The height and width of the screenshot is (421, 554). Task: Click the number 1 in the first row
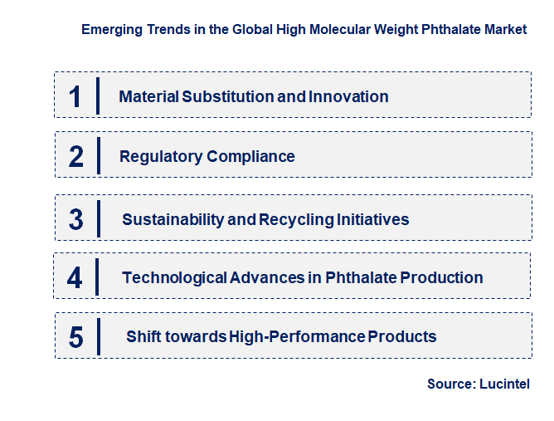coord(75,95)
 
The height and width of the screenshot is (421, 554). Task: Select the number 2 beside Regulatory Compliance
coord(76,156)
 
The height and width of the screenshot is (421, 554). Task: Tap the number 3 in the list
coord(76,219)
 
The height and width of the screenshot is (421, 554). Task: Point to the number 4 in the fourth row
coord(75,277)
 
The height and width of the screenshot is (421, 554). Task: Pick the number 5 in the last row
coord(76,337)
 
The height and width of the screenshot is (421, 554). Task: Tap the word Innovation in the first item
coord(348,96)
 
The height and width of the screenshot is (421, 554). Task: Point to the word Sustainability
coord(173,219)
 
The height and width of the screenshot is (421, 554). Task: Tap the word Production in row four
coord(441,277)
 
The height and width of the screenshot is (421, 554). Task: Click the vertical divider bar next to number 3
coord(99,218)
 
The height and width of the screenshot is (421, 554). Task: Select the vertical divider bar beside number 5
coord(99,336)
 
